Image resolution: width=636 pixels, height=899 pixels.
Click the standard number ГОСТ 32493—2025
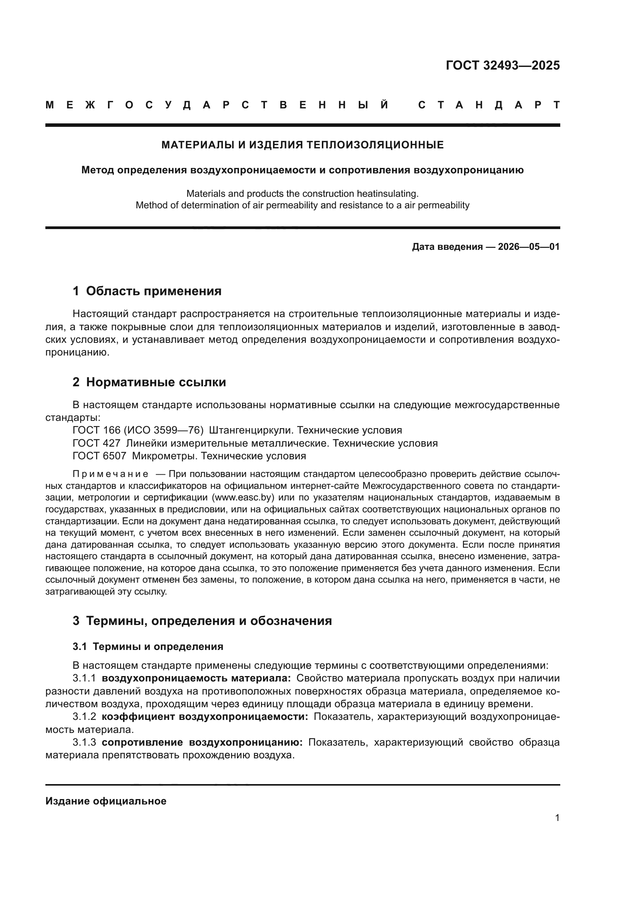(x=503, y=65)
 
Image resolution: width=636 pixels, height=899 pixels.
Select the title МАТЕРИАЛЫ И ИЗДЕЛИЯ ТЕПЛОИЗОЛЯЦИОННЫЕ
(x=302, y=145)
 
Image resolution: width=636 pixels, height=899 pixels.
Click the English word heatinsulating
(x=386, y=193)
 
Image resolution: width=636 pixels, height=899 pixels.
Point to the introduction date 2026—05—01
(x=529, y=247)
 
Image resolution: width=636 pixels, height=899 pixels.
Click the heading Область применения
(x=153, y=291)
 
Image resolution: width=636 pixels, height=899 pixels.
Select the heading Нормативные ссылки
(x=156, y=382)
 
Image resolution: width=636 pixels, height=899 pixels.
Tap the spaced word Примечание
(x=110, y=474)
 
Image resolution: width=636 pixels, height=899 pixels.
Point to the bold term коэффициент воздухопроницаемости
(x=205, y=717)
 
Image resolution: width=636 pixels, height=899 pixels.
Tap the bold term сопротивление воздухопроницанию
(x=202, y=743)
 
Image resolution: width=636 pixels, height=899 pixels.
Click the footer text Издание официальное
(x=106, y=801)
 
